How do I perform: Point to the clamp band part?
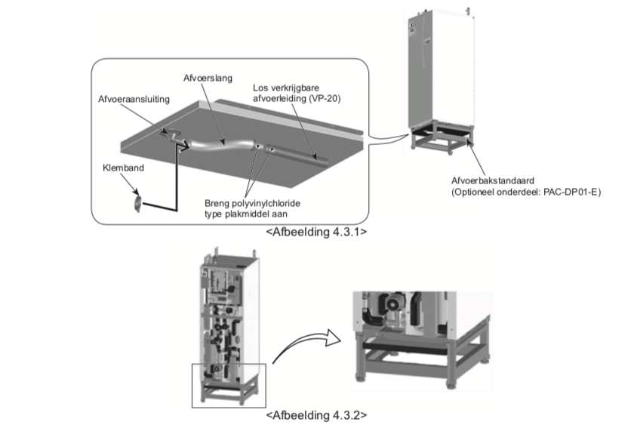pyautogui.click(x=137, y=202)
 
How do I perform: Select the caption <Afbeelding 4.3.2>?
pyautogui.click(x=317, y=415)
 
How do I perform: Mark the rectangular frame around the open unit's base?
pyautogui.click(x=229, y=385)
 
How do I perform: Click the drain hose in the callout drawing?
pyautogui.click(x=219, y=143)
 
